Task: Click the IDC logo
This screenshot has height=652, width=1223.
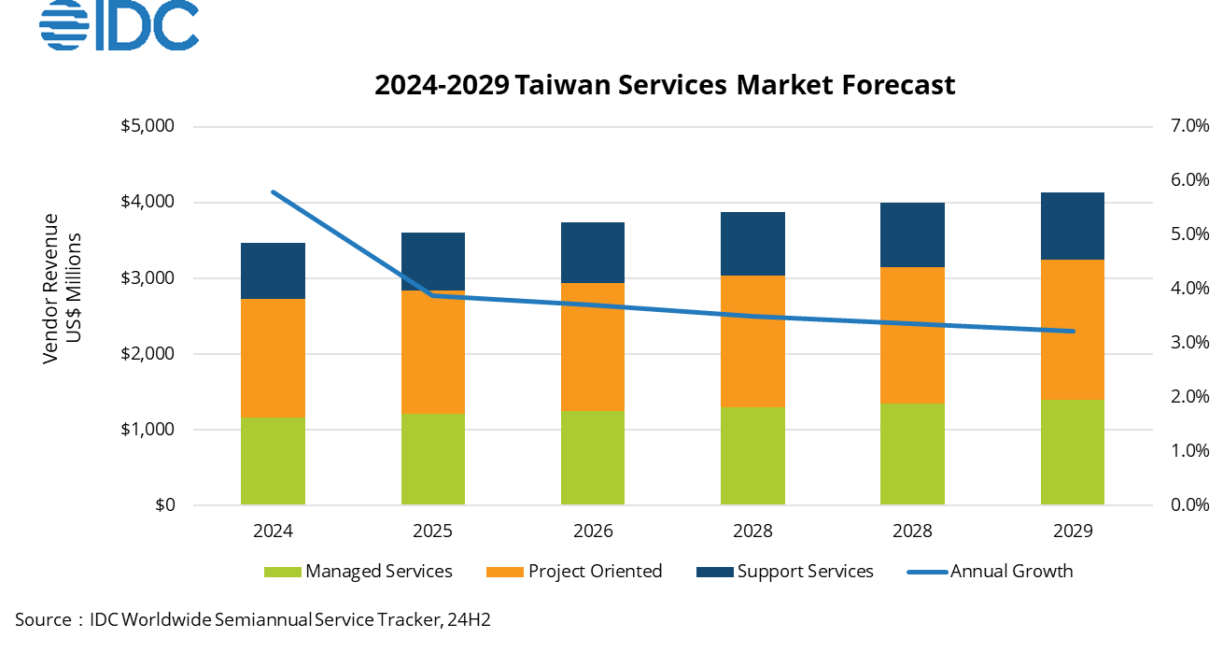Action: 119,24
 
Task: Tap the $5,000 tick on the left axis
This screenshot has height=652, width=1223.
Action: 149,126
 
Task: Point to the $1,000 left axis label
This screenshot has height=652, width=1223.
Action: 149,430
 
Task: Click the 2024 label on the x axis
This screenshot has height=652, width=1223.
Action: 273,532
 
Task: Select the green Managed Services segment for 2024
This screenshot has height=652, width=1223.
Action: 273,461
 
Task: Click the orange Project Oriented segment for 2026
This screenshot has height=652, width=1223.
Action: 593,347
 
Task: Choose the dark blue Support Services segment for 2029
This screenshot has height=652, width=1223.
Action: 1072,226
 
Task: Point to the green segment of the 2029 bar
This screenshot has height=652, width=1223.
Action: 1072,452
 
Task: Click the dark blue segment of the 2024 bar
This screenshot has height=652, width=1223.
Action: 273,271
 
